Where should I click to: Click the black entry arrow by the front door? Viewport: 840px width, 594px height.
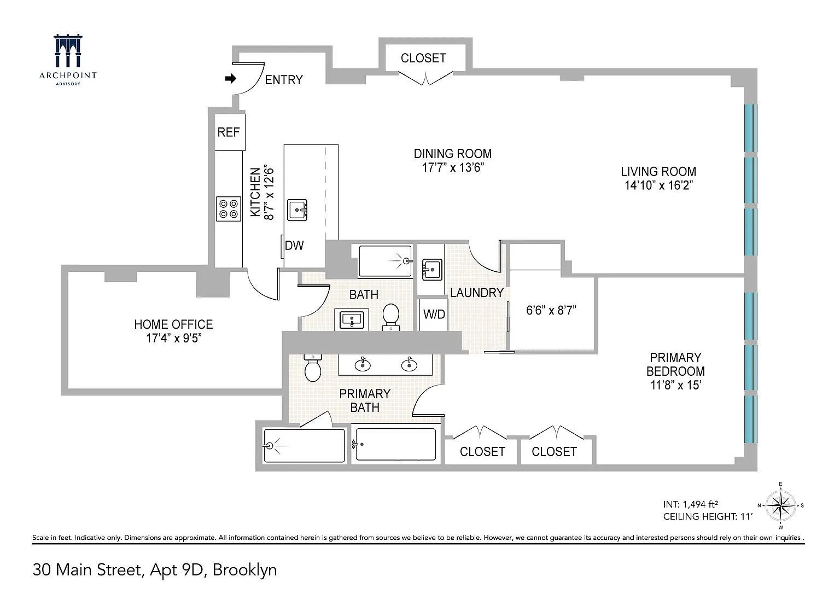[x=231, y=78]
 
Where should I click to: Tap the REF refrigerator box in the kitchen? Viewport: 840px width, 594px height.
[x=230, y=132]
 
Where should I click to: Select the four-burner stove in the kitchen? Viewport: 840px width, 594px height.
[x=229, y=209]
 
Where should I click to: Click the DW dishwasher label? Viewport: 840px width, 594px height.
[x=294, y=245]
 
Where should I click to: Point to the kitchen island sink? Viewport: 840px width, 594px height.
[x=297, y=210]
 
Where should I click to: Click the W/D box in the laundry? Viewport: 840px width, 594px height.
[x=434, y=315]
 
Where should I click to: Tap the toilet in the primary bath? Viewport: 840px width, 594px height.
[x=313, y=368]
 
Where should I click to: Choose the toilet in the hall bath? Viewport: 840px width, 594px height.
[x=391, y=317]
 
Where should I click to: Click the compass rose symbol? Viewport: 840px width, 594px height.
[x=780, y=506]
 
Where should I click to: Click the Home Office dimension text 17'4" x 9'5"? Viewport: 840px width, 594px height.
[x=173, y=338]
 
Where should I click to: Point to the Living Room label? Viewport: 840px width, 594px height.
[x=658, y=171]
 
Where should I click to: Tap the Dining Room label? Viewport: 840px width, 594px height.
[x=453, y=153]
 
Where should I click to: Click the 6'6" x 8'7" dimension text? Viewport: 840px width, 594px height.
[x=551, y=311]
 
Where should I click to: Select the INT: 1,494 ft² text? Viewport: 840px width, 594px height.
[x=690, y=504]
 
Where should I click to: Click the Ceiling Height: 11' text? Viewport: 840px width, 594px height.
[x=708, y=517]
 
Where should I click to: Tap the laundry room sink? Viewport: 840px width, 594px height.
[x=432, y=269]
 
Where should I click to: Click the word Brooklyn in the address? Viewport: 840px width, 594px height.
[x=245, y=570]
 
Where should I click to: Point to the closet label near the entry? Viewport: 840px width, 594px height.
[x=423, y=58]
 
